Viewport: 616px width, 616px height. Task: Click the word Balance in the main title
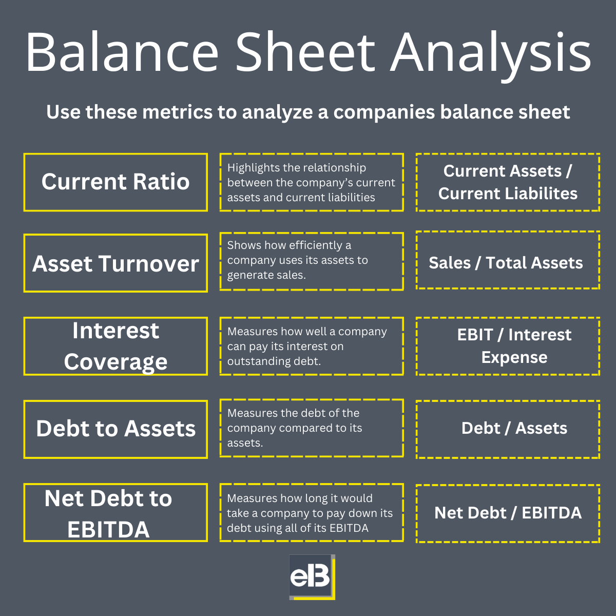pos(122,52)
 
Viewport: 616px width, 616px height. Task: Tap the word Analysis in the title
pos(491,52)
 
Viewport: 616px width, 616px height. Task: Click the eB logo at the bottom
pos(312,577)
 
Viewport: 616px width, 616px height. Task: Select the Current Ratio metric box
pos(115,182)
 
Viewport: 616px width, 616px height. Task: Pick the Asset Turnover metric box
pos(115,263)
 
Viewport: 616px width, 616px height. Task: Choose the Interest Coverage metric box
pos(115,346)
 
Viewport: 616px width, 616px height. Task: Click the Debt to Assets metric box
pos(115,429)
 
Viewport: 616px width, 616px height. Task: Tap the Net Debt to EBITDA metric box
pos(115,513)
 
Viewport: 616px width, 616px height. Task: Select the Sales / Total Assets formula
pos(507,263)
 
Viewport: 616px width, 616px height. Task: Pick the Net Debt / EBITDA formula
pos(508,513)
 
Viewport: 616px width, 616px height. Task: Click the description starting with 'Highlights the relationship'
pos(311,182)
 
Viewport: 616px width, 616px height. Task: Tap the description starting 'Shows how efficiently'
pos(311,260)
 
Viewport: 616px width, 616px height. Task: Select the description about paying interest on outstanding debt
pos(311,346)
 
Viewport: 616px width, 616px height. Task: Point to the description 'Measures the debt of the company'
pos(311,428)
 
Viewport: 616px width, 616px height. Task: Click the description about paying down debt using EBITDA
pos(311,513)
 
